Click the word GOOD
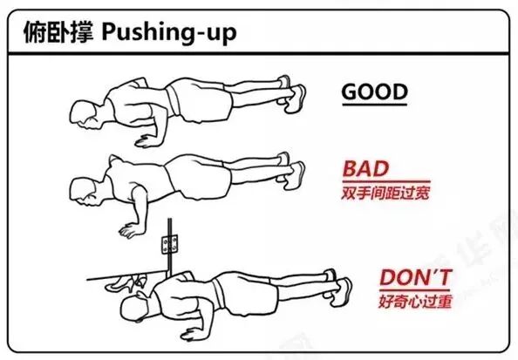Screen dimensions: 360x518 (x=374, y=92)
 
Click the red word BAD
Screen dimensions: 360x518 (x=365, y=168)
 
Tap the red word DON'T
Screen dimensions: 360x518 (x=416, y=278)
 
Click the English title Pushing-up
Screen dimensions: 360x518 (x=168, y=33)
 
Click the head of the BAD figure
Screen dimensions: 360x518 (x=84, y=188)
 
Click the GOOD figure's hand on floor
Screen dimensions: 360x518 (x=140, y=139)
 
